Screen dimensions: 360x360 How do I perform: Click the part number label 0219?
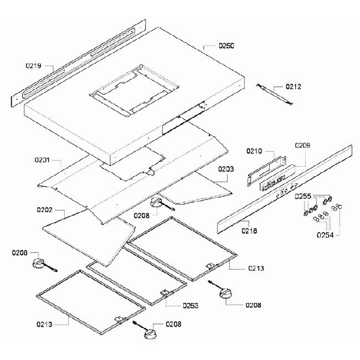pos(34,66)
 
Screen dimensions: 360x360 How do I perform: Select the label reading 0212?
pos(294,86)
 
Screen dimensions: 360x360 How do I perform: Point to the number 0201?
pos(43,161)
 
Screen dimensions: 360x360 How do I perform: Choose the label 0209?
pos(302,145)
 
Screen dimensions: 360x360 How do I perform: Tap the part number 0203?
pos(225,168)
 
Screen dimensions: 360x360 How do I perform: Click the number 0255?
pos(302,196)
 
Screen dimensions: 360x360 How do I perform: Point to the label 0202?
pos(45,210)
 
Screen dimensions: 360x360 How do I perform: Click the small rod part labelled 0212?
pos(274,93)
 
